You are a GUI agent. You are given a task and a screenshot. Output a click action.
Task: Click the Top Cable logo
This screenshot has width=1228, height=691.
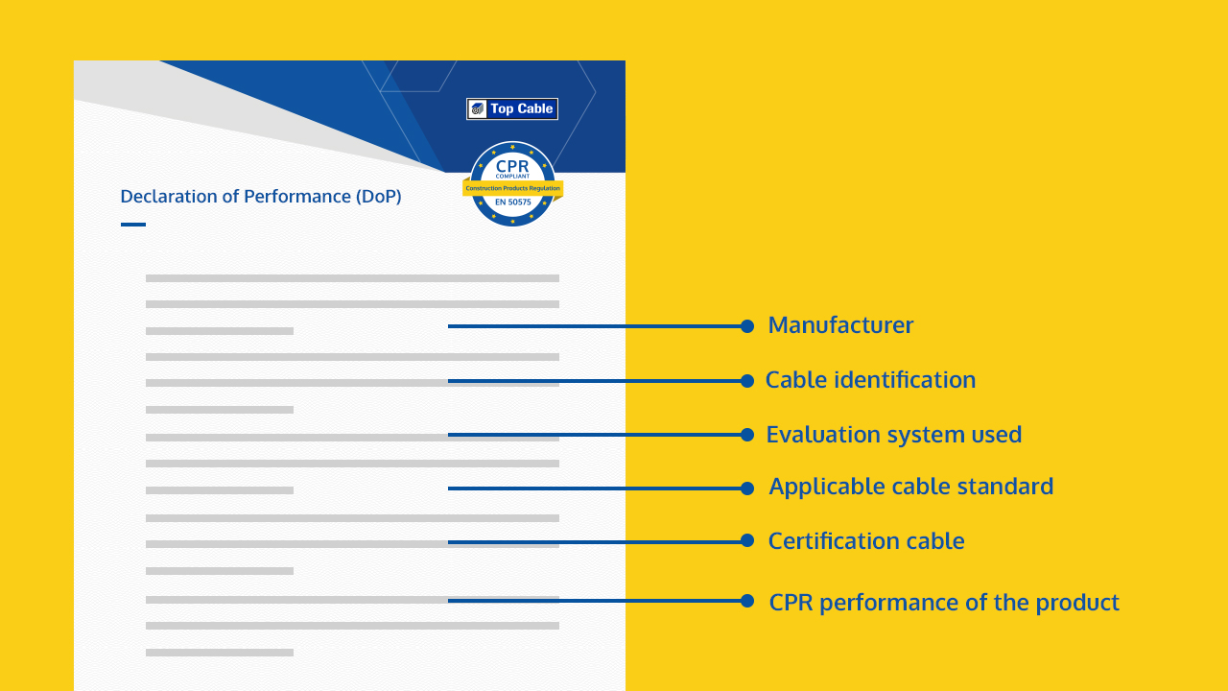pyautogui.click(x=512, y=108)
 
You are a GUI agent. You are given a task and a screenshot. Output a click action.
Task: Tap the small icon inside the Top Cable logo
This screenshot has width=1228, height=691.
pyautogui.click(x=477, y=108)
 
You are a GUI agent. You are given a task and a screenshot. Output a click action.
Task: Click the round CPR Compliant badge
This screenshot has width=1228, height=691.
pyautogui.click(x=512, y=183)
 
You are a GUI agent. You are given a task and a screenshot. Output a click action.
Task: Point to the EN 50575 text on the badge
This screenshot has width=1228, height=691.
pyautogui.click(x=512, y=202)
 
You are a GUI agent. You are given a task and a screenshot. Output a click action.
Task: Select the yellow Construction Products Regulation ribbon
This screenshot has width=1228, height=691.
pyautogui.click(x=512, y=188)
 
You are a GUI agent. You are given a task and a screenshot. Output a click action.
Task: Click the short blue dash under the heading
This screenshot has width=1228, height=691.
pyautogui.click(x=133, y=225)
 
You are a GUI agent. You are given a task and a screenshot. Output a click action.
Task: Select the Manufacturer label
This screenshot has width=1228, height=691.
pyautogui.click(x=840, y=325)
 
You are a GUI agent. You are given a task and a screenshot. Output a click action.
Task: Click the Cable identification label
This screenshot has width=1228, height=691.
pyautogui.click(x=870, y=379)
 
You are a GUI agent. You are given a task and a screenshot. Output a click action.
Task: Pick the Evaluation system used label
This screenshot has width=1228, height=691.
pyautogui.click(x=893, y=435)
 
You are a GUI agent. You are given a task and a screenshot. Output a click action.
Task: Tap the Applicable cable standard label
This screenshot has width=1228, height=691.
pyautogui.click(x=911, y=487)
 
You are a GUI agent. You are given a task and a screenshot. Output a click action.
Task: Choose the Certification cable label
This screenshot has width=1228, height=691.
pyautogui.click(x=866, y=540)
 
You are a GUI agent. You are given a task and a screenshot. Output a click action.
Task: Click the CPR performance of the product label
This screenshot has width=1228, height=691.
pyautogui.click(x=944, y=602)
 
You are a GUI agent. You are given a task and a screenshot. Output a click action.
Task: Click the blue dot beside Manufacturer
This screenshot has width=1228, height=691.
pyautogui.click(x=747, y=326)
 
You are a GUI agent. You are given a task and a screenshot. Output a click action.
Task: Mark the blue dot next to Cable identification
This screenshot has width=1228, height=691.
pyautogui.click(x=747, y=381)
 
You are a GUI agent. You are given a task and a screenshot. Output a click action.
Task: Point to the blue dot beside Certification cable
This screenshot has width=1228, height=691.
pyautogui.click(x=747, y=540)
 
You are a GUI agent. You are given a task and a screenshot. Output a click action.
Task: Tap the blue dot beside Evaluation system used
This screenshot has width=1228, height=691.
pyautogui.click(x=747, y=435)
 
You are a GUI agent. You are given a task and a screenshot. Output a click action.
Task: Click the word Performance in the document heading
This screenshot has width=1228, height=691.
pyautogui.click(x=297, y=196)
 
